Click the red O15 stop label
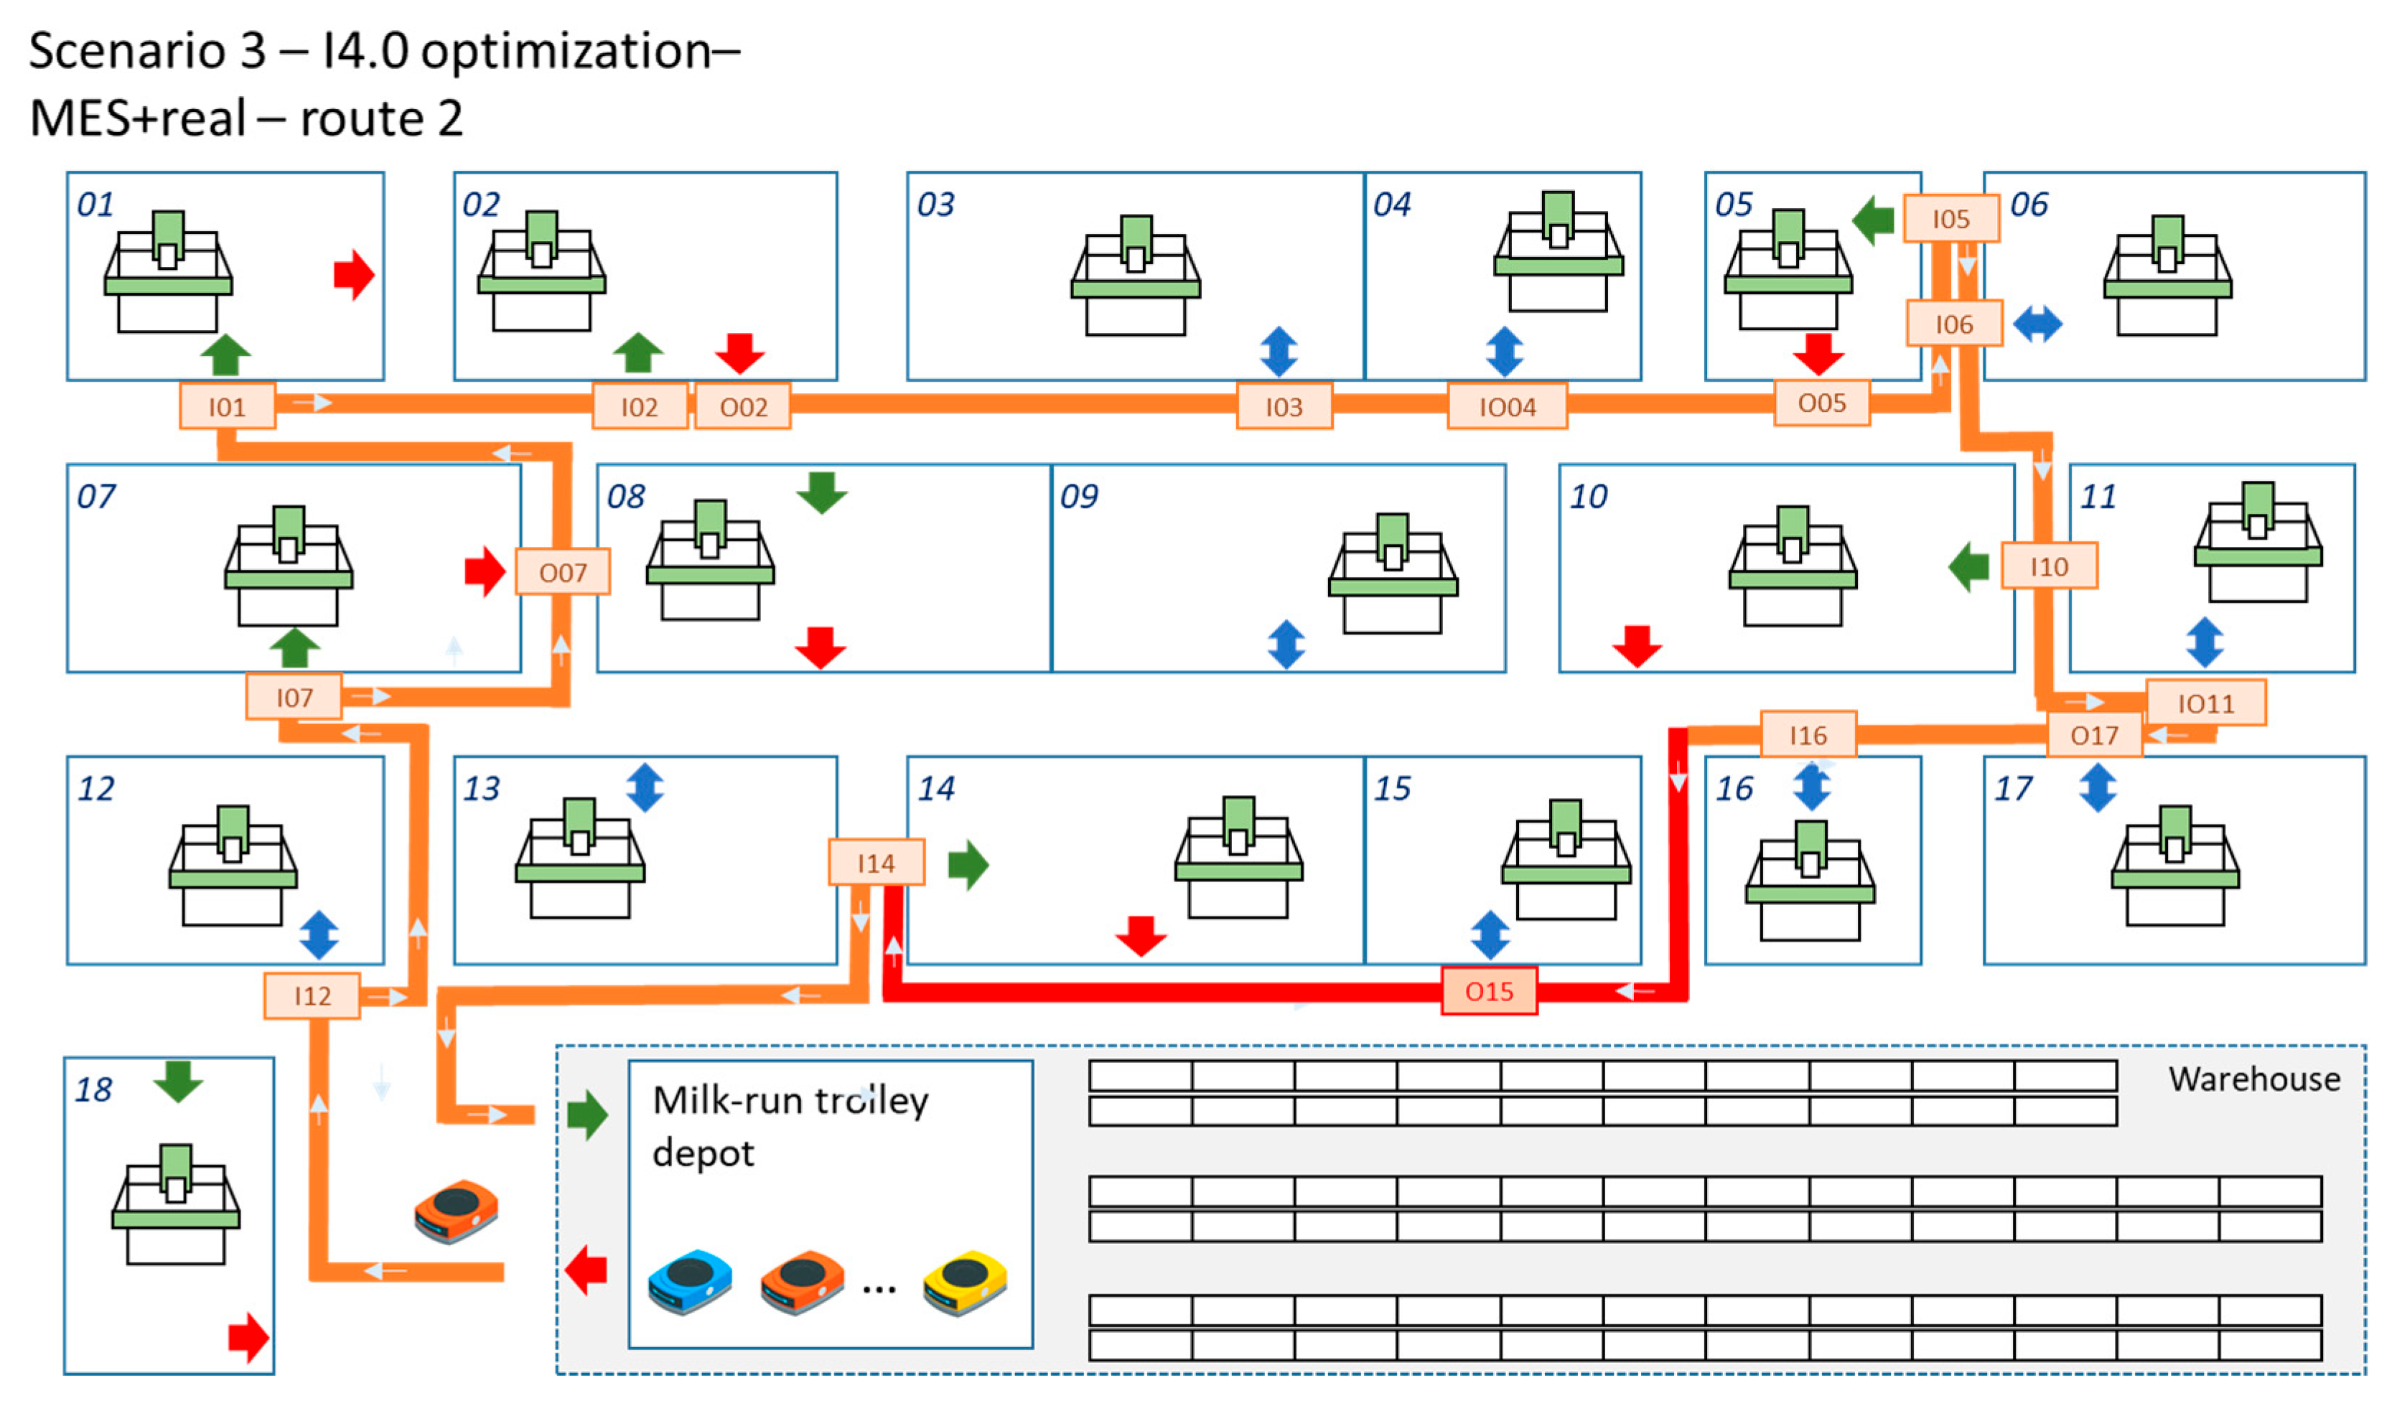[1489, 991]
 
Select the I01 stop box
[228, 406]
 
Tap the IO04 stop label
[1507, 406]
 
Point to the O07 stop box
[562, 572]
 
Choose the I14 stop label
[876, 862]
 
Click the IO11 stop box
[2205, 703]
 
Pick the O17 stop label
[2093, 736]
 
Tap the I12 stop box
[312, 995]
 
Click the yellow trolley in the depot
[963, 1283]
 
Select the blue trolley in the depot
[691, 1283]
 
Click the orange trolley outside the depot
[457, 1210]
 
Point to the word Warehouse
[2253, 1079]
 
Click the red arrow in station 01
[354, 275]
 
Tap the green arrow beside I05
[1873, 220]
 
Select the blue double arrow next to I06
[2037, 324]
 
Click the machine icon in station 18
[176, 1204]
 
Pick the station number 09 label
[1079, 496]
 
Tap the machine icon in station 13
[580, 858]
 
